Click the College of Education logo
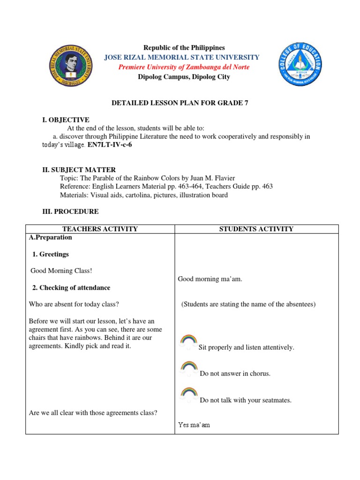pos(299,64)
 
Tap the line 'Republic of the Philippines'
pos(184,48)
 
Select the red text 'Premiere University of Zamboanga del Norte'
pos(184,67)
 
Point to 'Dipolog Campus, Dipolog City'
pos(184,77)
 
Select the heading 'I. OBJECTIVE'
pos(66,120)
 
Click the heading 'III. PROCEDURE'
pos(70,211)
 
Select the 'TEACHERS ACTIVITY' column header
pos(100,229)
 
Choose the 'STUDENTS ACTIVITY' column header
pos(256,229)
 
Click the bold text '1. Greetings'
pos(50,254)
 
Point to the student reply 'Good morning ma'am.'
pos(210,279)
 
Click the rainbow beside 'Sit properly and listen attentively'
pos(188,341)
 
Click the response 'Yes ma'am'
pos(194,425)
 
